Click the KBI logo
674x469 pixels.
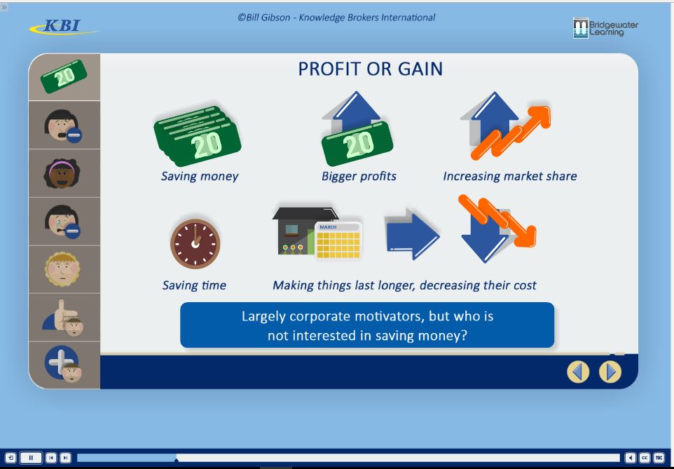click(64, 27)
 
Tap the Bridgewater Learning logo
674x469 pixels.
click(605, 28)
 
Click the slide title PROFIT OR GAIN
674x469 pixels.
click(370, 69)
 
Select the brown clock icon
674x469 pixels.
click(195, 244)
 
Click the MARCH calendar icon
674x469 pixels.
click(338, 240)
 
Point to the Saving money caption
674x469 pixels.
click(200, 176)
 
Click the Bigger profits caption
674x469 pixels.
click(359, 176)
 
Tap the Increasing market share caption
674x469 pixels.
click(510, 176)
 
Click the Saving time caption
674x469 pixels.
click(194, 285)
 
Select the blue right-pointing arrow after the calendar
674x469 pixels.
click(412, 234)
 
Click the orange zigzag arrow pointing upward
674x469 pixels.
click(511, 132)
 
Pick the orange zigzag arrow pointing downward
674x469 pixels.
click(497, 221)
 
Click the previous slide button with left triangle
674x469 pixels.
click(578, 372)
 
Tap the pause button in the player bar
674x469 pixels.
click(31, 458)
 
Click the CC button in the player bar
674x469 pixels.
click(645, 458)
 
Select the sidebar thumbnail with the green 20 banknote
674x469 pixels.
click(64, 77)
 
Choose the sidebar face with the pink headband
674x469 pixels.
click(62, 173)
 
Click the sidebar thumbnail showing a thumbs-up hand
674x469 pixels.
click(64, 318)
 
